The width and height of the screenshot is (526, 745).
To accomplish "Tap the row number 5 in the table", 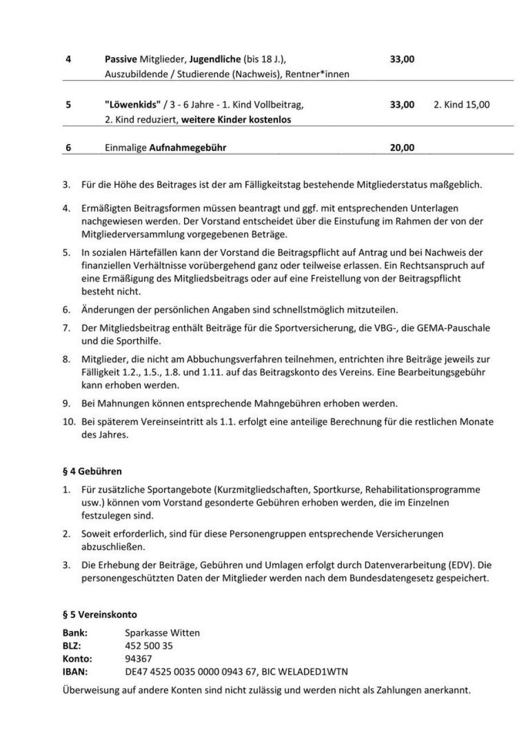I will pyautogui.click(x=69, y=105).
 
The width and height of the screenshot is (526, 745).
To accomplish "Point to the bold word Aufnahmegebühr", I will pyautogui.click(x=188, y=148).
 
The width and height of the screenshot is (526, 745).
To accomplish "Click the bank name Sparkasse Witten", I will pyautogui.click(x=162, y=633).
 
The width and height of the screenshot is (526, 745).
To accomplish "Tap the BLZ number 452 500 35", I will pyautogui.click(x=149, y=645).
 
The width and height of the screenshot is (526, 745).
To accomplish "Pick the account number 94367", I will pyautogui.click(x=138, y=659).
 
